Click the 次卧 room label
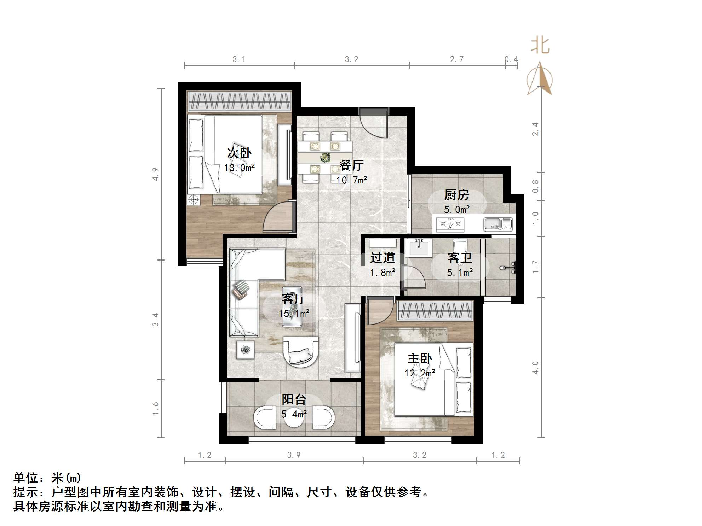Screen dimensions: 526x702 [239, 153]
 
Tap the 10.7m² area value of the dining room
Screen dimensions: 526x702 [351, 180]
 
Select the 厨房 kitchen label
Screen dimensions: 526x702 [456, 195]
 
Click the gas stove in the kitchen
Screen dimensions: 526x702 [450, 224]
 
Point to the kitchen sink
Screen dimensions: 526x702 [498, 224]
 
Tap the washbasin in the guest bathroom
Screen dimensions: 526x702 [419, 247]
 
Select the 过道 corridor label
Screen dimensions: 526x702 [382, 258]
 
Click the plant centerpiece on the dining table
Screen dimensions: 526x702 [324, 158]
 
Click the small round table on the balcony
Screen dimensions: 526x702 [294, 419]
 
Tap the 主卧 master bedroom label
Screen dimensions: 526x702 [420, 359]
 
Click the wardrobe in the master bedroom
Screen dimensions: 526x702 [435, 311]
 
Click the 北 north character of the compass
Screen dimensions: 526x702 [540, 46]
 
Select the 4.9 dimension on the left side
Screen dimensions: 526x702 [155, 174]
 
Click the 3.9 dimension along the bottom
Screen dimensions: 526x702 [294, 455]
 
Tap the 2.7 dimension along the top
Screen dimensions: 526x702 [456, 59]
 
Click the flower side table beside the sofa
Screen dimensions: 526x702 [245, 350]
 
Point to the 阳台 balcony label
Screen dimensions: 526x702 [294, 399]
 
